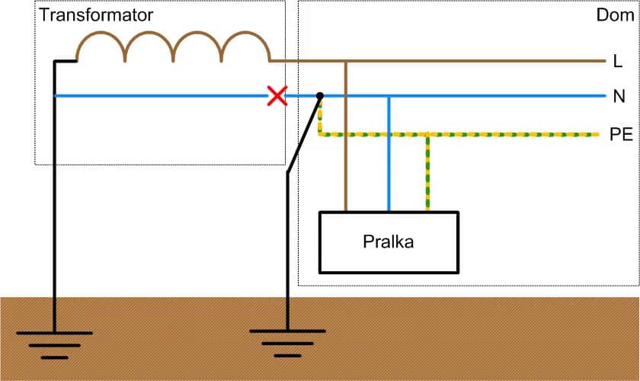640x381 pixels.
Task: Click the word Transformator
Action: pyautogui.click(x=96, y=15)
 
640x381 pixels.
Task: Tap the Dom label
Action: pyautogui.click(x=615, y=15)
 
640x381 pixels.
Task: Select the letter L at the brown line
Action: pyautogui.click(x=617, y=60)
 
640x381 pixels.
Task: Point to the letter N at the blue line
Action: pyautogui.click(x=619, y=97)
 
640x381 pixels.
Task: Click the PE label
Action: pyautogui.click(x=621, y=135)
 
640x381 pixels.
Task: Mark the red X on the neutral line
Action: pyautogui.click(x=277, y=96)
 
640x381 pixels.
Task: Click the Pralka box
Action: pyautogui.click(x=389, y=242)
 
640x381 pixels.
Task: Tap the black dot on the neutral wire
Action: pyautogui.click(x=320, y=96)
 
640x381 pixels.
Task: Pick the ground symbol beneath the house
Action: pyautogui.click(x=287, y=342)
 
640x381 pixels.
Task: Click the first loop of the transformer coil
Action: pyautogui.click(x=101, y=46)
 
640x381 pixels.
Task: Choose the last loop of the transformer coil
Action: pyautogui.click(x=245, y=46)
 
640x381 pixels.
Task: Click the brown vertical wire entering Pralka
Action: pyautogui.click(x=346, y=152)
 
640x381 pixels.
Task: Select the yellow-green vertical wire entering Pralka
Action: pyautogui.click(x=427, y=175)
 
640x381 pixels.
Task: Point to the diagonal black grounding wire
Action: pyautogui.click(x=303, y=134)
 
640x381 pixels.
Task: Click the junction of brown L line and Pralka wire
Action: pyautogui.click(x=346, y=60)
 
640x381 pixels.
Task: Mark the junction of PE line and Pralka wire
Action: pyautogui.click(x=427, y=135)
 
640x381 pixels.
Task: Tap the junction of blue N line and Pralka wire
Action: pyautogui.click(x=389, y=97)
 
